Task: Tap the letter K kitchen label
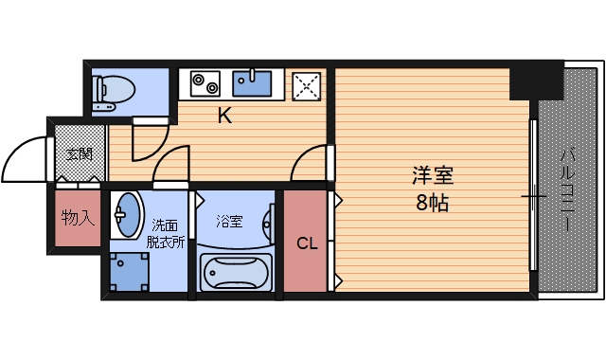[x=224, y=117]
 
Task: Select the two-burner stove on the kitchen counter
[x=205, y=83]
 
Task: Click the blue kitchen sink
[x=253, y=83]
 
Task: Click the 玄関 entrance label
[x=79, y=153]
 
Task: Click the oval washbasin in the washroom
[x=126, y=215]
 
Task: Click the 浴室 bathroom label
[x=229, y=222]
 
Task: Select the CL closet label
[x=307, y=243]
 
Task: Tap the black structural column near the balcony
[x=535, y=81]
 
